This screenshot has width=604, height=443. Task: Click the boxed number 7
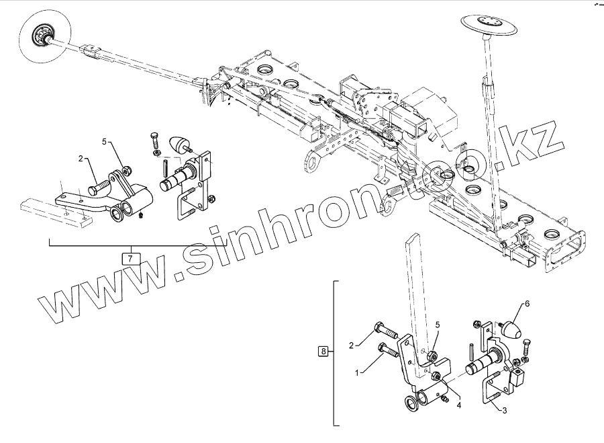(x=130, y=257)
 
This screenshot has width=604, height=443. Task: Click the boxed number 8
(x=324, y=351)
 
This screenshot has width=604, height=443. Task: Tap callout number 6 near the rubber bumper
(x=527, y=304)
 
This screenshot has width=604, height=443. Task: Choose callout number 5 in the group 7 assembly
(x=105, y=142)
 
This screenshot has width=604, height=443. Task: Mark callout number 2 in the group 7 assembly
(x=81, y=159)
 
